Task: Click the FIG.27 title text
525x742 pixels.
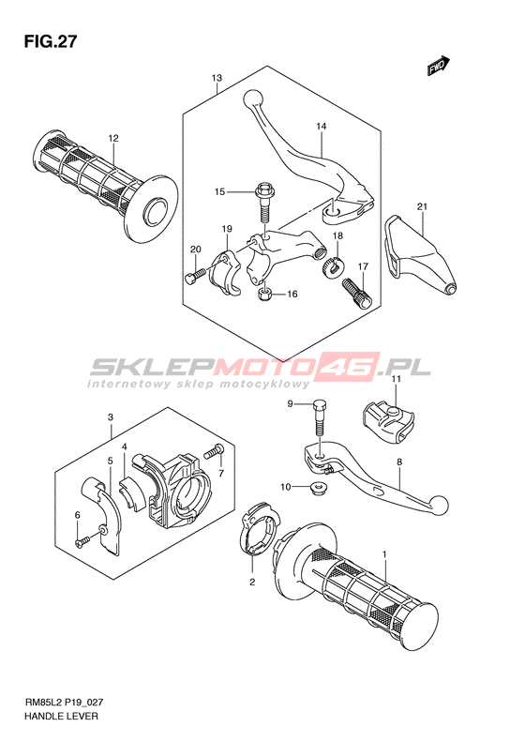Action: click(50, 42)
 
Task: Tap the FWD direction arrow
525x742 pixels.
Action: click(439, 66)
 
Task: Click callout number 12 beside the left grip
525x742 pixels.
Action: click(113, 138)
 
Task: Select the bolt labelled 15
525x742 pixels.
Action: click(264, 204)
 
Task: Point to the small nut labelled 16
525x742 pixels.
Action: click(266, 295)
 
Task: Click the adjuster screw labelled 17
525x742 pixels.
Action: click(357, 293)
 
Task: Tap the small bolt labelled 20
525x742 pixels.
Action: click(195, 276)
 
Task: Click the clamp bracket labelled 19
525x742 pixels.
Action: click(225, 274)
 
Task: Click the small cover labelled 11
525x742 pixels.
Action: click(388, 420)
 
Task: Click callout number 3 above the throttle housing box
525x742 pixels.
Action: click(111, 417)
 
